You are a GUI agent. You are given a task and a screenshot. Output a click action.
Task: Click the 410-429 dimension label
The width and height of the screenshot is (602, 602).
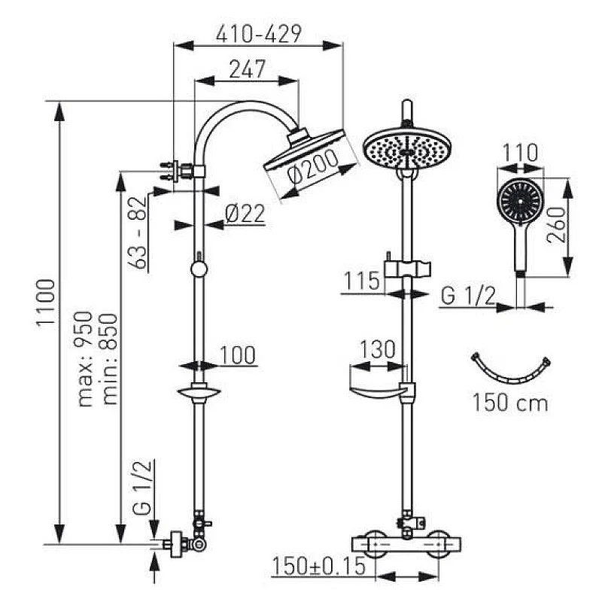point(258,34)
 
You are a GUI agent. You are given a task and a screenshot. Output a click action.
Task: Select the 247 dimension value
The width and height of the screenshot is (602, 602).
point(248,68)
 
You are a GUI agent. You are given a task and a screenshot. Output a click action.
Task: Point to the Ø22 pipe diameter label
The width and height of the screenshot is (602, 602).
point(245,214)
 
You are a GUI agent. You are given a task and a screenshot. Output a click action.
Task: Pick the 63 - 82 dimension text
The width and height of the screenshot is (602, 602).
point(137,233)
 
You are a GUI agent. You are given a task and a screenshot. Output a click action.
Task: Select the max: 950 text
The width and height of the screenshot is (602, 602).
point(84,359)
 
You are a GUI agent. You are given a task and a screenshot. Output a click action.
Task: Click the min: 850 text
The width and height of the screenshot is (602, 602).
point(108,359)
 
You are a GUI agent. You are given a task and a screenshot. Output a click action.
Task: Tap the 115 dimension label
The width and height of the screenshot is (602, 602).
point(362,281)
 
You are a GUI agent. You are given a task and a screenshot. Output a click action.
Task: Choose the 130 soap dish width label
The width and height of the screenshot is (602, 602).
point(377,348)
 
